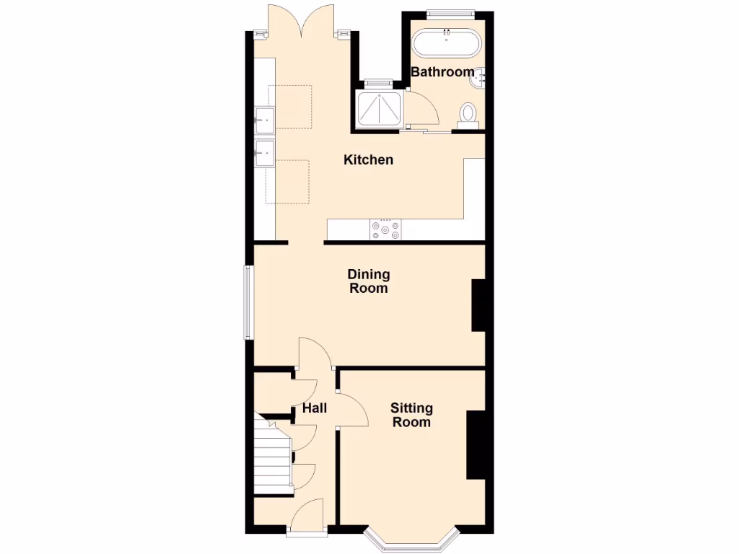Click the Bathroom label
click(x=442, y=71)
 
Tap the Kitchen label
click(x=368, y=159)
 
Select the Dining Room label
click(x=368, y=281)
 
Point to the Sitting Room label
click(x=411, y=415)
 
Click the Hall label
click(x=314, y=408)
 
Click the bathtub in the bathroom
click(x=446, y=43)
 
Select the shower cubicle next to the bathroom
click(x=380, y=107)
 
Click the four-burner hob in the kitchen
click(x=386, y=229)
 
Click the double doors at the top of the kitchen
click(x=302, y=22)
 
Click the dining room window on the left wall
click(x=248, y=302)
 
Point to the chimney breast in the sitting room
click(x=476, y=444)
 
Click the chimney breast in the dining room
click(x=478, y=305)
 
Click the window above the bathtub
click(x=450, y=12)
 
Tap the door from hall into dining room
click(x=315, y=353)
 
